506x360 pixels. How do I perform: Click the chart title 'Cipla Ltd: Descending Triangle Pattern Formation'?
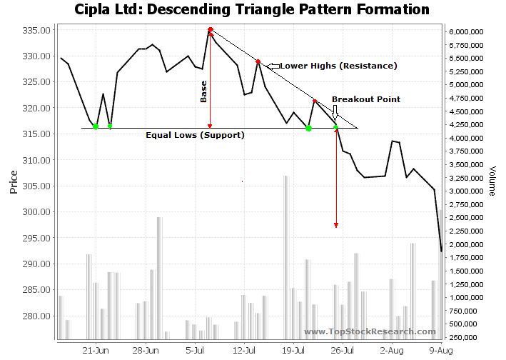252,10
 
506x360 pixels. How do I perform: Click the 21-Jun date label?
96,351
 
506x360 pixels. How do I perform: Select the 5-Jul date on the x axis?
195,351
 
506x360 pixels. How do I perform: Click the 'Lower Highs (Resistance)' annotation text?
338,66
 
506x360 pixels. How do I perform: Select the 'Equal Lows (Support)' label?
195,135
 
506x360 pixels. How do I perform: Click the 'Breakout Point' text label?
365,99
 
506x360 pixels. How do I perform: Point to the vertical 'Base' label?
203,92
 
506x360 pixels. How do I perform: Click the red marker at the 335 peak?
210,30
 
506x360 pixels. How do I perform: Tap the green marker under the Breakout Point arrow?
336,127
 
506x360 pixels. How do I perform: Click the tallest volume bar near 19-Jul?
285,257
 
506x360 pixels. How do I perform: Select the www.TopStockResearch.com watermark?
369,331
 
